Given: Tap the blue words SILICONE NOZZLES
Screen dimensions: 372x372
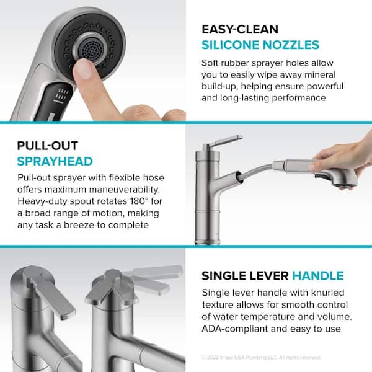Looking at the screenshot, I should coord(260,45).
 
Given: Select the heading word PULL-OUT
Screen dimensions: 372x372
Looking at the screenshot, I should coord(48,146).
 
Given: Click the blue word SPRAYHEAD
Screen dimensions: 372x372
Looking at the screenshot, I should coord(55,161).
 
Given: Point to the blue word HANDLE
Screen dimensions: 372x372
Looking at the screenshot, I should coord(318,275).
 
